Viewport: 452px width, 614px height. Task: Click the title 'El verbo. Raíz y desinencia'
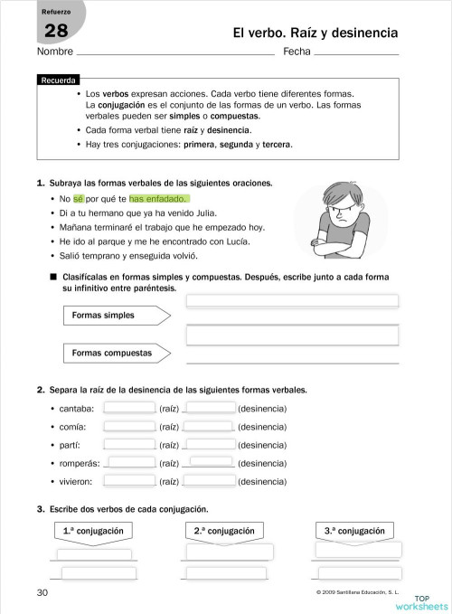(x=315, y=33)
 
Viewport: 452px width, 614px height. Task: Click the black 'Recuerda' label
(x=60, y=80)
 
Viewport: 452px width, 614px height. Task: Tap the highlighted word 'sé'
(x=78, y=198)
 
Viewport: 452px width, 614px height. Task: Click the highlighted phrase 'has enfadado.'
(x=159, y=198)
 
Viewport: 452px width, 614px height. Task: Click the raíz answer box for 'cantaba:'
(x=129, y=408)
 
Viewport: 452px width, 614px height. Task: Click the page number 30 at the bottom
(x=42, y=592)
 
